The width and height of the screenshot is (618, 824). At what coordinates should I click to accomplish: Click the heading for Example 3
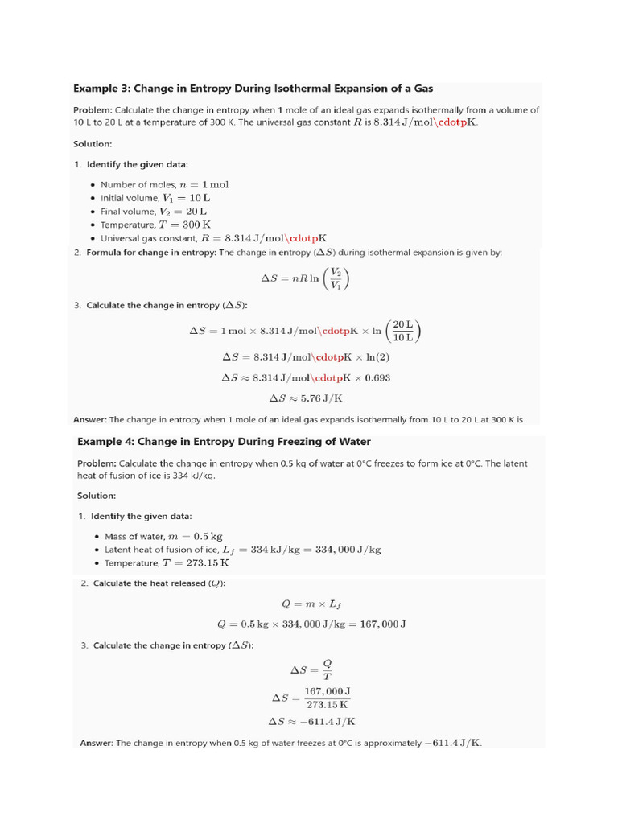click(x=253, y=88)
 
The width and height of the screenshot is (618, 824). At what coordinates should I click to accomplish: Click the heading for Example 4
click(x=224, y=442)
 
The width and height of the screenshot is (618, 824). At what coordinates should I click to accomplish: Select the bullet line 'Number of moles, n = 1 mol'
click(x=165, y=184)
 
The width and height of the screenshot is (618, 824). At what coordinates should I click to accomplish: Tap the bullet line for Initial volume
click(x=155, y=198)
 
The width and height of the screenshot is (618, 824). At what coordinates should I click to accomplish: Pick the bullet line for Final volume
click(x=154, y=212)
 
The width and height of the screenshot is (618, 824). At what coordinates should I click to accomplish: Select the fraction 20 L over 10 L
click(x=402, y=330)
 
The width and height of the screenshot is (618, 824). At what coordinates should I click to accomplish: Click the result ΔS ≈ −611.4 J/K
click(x=311, y=721)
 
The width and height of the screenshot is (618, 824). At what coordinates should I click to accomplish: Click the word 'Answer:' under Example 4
click(x=97, y=743)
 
